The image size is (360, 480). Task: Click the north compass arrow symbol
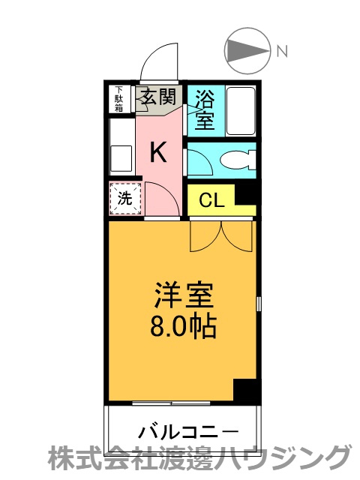[248, 51]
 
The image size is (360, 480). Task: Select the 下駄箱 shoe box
[119, 100]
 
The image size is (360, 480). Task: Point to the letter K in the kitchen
[157, 152]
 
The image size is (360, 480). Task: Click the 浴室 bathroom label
[204, 108]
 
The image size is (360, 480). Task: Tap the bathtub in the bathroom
[240, 109]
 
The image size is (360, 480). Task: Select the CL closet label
[211, 200]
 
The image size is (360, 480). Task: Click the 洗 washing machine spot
[125, 199]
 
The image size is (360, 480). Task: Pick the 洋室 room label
[184, 295]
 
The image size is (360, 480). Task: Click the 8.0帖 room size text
[184, 326]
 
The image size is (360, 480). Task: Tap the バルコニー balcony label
[188, 432]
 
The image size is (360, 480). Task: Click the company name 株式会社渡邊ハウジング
[199, 457]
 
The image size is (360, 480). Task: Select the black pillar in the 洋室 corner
[244, 390]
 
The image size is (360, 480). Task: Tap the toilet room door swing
[199, 161]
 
